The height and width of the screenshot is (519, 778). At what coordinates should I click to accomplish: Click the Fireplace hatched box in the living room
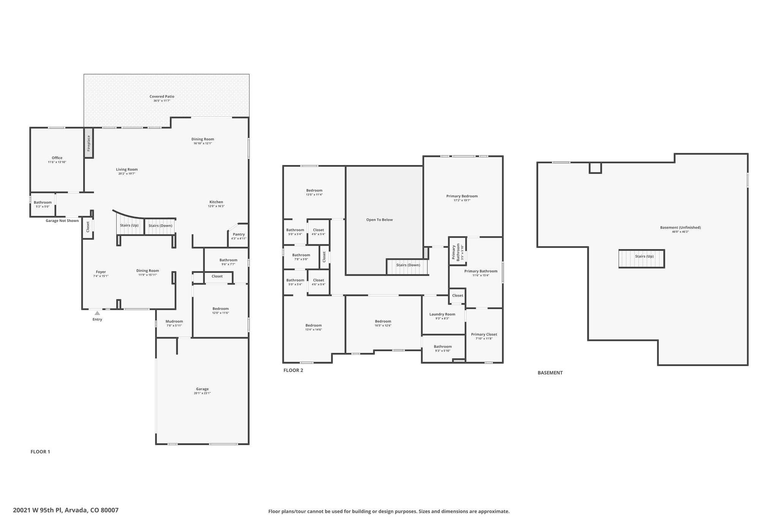click(x=89, y=143)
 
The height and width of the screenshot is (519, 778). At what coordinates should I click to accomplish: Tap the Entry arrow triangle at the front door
click(x=97, y=313)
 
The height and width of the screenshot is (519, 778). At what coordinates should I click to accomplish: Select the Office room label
click(x=57, y=158)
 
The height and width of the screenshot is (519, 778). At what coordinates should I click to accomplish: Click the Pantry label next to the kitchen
click(x=239, y=234)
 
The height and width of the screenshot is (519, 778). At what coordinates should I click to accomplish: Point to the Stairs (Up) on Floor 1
click(x=130, y=225)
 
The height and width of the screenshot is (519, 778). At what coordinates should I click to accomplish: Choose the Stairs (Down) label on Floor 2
click(x=408, y=265)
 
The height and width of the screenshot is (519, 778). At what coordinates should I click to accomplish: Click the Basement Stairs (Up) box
click(x=642, y=259)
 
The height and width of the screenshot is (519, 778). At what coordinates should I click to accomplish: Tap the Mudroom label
click(x=174, y=321)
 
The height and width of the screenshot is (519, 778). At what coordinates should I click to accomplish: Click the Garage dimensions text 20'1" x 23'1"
click(x=202, y=393)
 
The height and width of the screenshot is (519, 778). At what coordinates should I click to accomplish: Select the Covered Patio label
click(x=162, y=97)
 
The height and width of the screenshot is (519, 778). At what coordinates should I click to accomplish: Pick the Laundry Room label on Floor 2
click(x=442, y=314)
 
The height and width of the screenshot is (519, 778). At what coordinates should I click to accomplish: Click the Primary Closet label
click(x=484, y=335)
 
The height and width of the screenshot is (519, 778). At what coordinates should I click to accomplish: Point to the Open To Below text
click(x=380, y=220)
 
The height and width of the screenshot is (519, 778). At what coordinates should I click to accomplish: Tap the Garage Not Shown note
click(x=62, y=221)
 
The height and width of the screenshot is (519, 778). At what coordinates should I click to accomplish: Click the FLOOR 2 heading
click(x=293, y=370)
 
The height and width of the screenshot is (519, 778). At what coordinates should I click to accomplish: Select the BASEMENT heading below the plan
click(x=550, y=373)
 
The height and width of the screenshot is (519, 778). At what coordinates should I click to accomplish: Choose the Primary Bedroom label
click(x=462, y=196)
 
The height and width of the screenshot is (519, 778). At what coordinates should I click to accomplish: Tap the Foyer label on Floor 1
click(x=101, y=272)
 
